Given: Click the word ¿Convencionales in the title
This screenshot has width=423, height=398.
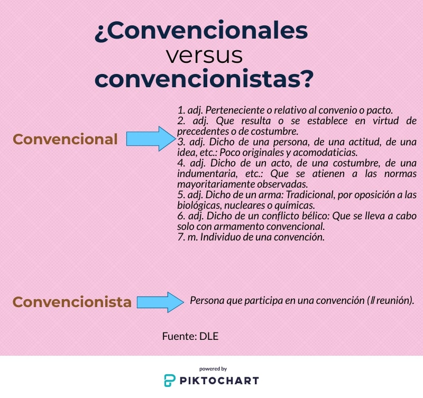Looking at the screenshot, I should point(201,31).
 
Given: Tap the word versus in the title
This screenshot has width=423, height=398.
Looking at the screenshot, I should point(204,55).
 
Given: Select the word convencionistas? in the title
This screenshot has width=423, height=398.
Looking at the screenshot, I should point(204,79).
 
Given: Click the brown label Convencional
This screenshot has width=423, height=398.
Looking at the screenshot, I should point(65,139).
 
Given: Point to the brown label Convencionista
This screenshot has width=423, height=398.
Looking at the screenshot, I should point(72,302).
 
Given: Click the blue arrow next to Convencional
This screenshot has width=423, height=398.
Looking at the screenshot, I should point(150,139).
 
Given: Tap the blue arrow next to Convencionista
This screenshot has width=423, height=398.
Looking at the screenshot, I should point(160,302).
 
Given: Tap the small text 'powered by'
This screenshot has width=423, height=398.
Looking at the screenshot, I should point(213,368).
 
